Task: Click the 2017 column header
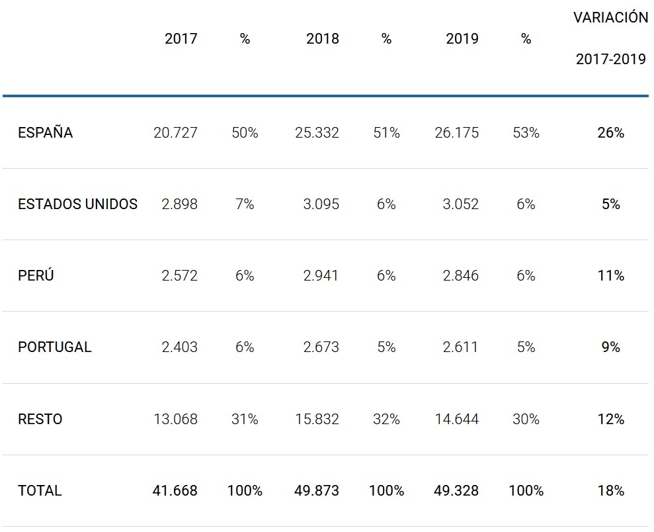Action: pyautogui.click(x=181, y=39)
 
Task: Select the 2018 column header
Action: pyautogui.click(x=322, y=39)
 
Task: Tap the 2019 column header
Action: pyautogui.click(x=462, y=39)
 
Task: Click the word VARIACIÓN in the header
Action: pyautogui.click(x=610, y=18)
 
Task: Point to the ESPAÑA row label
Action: pyautogui.click(x=45, y=133)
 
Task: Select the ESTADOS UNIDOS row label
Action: pyautogui.click(x=77, y=204)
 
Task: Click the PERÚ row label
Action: pyautogui.click(x=36, y=276)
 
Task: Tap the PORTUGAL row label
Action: pyautogui.click(x=54, y=347)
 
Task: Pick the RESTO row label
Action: pyautogui.click(x=40, y=420)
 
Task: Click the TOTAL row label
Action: pyautogui.click(x=40, y=491)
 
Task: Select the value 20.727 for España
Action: pyautogui.click(x=175, y=133)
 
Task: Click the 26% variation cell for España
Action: pyautogui.click(x=610, y=133)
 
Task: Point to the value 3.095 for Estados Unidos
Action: pyautogui.click(x=321, y=204)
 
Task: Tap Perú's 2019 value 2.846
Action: pyautogui.click(x=460, y=276)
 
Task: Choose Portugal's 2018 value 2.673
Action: pyautogui.click(x=321, y=347)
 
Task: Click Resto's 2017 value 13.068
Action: pyautogui.click(x=175, y=420)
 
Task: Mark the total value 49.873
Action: pyautogui.click(x=317, y=491)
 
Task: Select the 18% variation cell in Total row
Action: pyautogui.click(x=610, y=491)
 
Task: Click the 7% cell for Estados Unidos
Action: pyautogui.click(x=245, y=204)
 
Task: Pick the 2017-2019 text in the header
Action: pyautogui.click(x=610, y=60)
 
